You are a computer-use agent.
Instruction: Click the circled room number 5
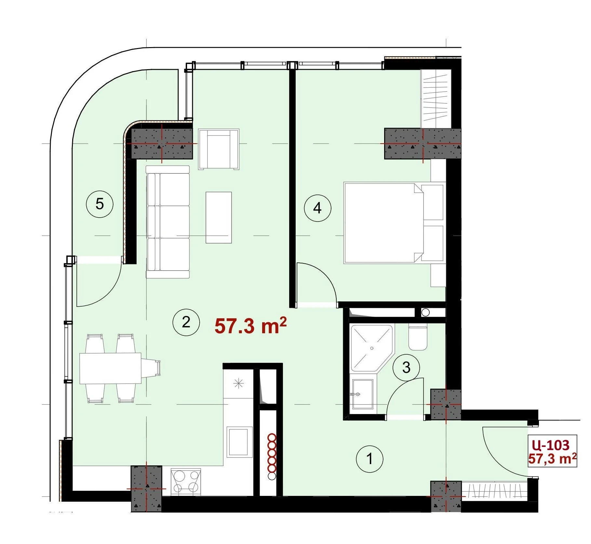tap(100, 204)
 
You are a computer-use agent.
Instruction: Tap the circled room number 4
tap(317, 208)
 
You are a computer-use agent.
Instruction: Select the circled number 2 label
tap(186, 322)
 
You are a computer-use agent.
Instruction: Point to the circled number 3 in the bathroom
tap(406, 368)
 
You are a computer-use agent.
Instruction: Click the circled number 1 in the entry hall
tap(369, 459)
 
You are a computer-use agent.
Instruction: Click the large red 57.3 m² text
tap(250, 326)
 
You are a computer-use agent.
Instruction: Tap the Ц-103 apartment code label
tap(552, 445)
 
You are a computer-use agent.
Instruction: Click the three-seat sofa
tap(168, 222)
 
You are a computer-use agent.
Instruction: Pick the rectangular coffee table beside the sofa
tap(219, 217)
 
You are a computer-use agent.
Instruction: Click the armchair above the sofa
tap(219, 149)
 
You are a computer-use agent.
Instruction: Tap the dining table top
tap(110, 368)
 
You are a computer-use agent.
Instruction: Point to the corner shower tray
tap(372, 348)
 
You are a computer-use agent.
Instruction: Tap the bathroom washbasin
tap(362, 394)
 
